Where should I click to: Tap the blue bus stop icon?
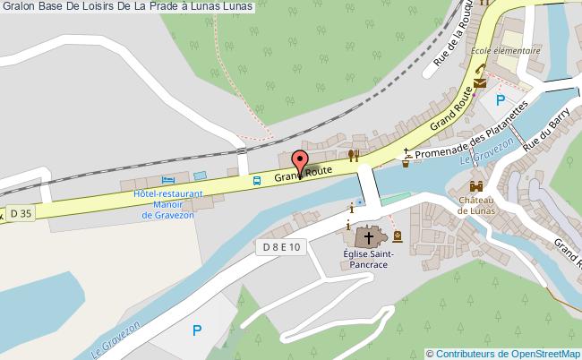coord(257,181)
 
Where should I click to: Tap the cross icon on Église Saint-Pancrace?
coord(368,238)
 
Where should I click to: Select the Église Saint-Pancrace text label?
coord(367,260)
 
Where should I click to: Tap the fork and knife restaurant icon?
coord(354,155)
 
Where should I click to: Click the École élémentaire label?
coord(506,51)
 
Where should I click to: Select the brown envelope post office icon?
coord(481,82)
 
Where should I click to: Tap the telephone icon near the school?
coord(479,71)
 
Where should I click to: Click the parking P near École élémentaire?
coord(501,99)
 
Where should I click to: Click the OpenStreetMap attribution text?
coord(503,353)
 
